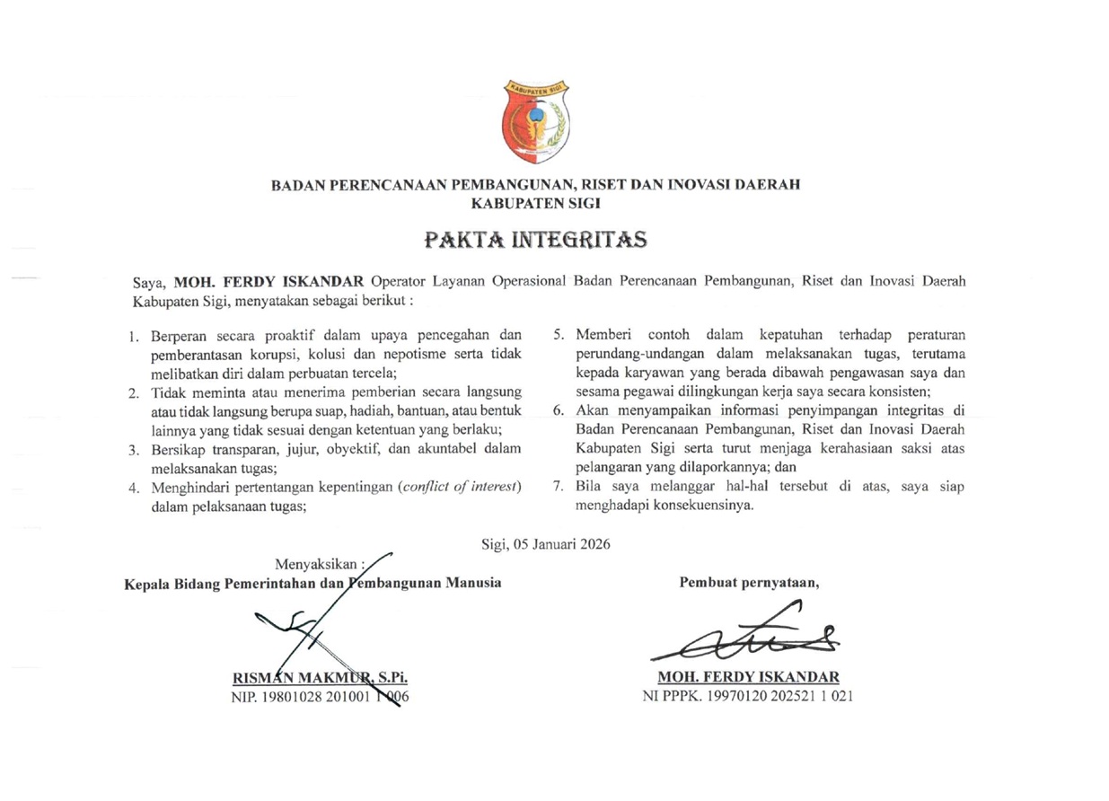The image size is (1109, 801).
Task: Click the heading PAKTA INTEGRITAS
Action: [535, 240]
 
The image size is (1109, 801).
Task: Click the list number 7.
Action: [558, 487]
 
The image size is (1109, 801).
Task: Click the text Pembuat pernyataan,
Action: [749, 581]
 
